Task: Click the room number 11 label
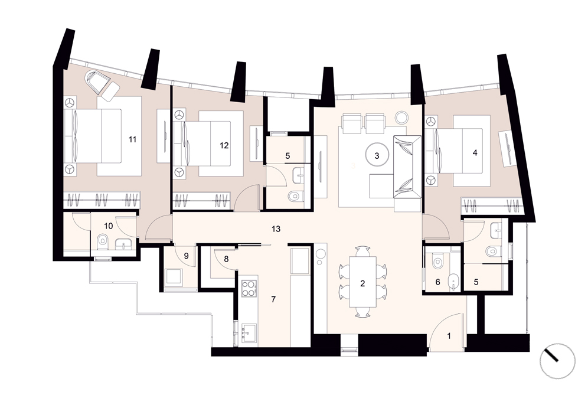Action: (132, 139)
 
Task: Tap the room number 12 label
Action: (224, 145)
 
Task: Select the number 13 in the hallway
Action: (276, 229)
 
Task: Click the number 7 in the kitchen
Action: (273, 299)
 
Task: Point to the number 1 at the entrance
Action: (449, 336)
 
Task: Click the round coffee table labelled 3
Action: (377, 155)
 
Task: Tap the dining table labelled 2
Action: (362, 282)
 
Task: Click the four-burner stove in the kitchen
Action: (249, 289)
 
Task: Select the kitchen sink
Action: (249, 332)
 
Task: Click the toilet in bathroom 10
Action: (102, 242)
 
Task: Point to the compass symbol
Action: (557, 361)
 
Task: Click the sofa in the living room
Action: (407, 167)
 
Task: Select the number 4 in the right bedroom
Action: (475, 153)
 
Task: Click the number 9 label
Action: (186, 256)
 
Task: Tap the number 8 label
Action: (226, 259)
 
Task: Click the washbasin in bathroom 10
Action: (123, 244)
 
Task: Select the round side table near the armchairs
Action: (401, 117)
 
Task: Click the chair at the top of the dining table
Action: (362, 252)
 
